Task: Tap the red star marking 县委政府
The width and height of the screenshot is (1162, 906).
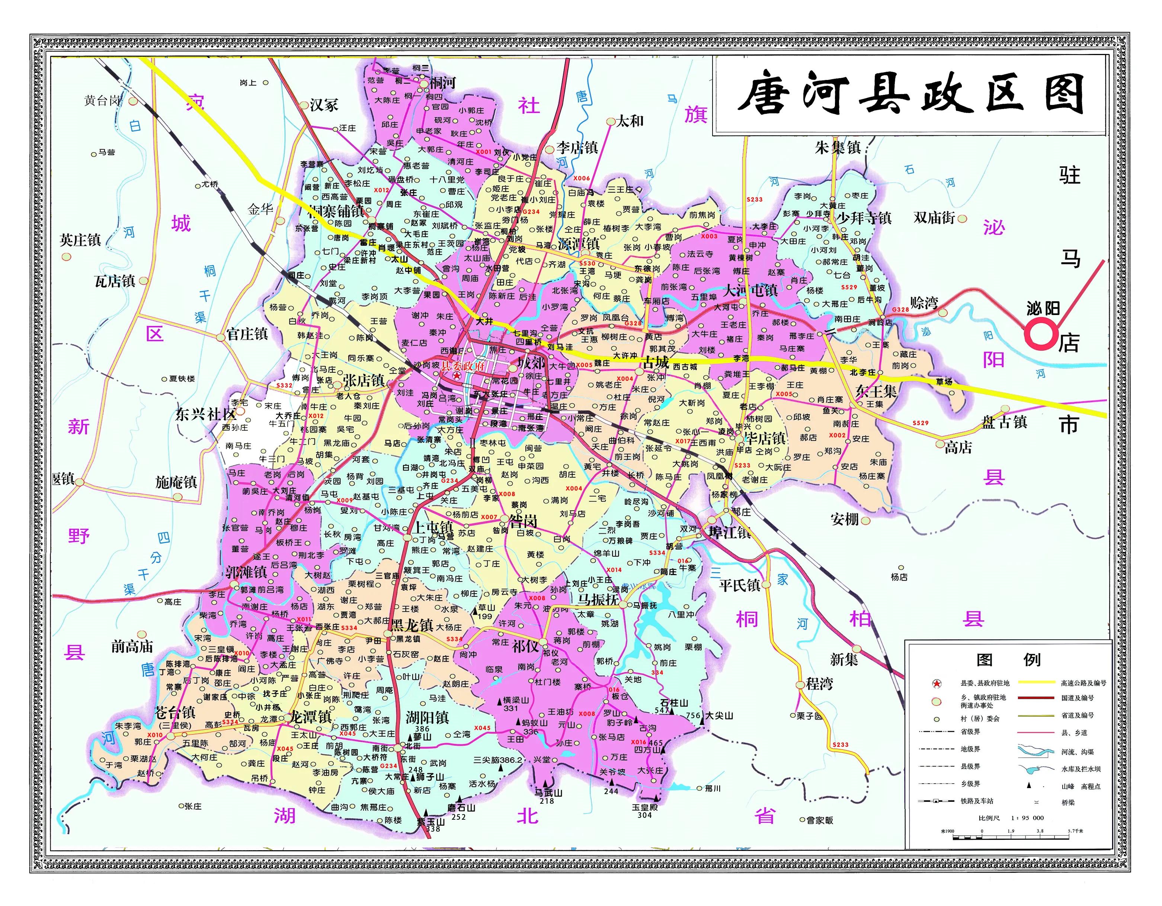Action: pos(457,375)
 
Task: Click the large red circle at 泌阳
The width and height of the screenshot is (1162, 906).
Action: pos(1041,335)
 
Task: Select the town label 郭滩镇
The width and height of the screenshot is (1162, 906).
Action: pos(246,572)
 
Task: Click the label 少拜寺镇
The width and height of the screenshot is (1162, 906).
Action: pos(864,218)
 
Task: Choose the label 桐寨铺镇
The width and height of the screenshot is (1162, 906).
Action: pos(336,211)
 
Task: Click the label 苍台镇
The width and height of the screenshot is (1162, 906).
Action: pos(175,713)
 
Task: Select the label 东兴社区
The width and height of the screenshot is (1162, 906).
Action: pos(205,414)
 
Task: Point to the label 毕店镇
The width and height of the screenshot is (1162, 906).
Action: pos(765,438)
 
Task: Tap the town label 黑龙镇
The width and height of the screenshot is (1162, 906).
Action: pos(412,625)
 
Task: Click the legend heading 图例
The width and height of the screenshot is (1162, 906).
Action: pos(1008,660)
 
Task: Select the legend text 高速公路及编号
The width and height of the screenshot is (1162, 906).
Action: pos(1083,683)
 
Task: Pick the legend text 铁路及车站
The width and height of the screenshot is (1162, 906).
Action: pos(976,801)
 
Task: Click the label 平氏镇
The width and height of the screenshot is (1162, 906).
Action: pos(740,585)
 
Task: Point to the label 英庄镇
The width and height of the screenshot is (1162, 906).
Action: pos(80,240)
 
